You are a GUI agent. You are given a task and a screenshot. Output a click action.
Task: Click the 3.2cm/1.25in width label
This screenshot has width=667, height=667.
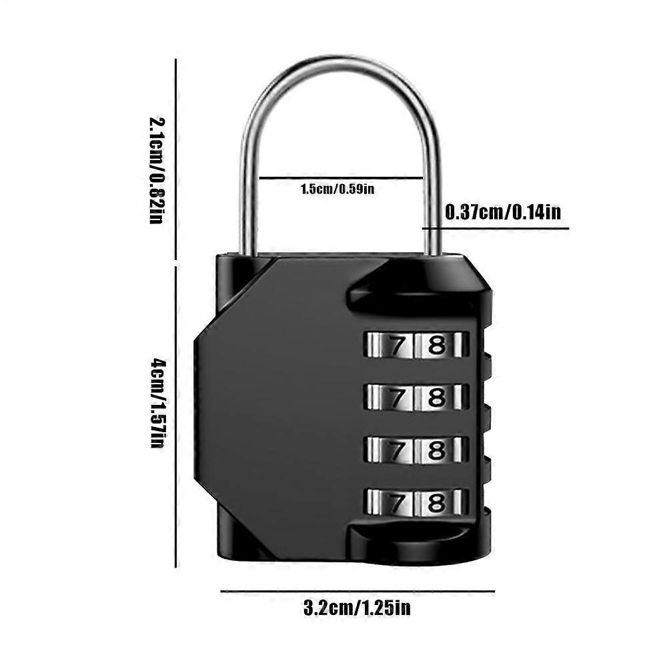(357, 608)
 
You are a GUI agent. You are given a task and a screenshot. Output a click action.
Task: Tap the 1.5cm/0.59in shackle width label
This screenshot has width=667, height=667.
(337, 189)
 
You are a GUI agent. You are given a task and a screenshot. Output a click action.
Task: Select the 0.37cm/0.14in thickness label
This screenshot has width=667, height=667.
(502, 213)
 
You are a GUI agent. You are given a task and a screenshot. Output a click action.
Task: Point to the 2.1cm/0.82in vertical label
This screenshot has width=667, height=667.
(155, 170)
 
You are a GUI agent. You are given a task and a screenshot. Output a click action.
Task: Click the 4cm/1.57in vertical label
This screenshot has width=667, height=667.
(155, 403)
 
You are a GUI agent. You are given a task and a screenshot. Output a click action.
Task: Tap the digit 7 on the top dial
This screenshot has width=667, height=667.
(396, 345)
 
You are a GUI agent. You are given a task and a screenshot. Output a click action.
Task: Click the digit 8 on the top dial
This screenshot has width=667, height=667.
(436, 345)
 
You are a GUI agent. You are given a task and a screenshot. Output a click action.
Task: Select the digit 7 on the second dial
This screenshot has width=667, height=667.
(396, 398)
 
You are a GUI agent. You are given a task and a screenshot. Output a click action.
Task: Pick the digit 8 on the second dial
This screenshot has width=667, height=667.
(436, 398)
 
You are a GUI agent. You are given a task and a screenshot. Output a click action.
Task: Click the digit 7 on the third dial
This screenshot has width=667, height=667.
(396, 450)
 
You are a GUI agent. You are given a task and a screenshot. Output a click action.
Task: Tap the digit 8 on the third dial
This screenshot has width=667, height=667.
(436, 450)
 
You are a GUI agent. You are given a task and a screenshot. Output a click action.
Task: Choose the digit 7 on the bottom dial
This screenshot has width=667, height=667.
(396, 502)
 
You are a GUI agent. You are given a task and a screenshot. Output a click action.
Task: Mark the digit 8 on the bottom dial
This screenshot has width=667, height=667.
(436, 502)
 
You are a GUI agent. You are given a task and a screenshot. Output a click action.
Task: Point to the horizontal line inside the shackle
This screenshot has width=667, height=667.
(340, 178)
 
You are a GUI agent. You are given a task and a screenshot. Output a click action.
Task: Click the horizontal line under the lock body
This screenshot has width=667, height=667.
(357, 591)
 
